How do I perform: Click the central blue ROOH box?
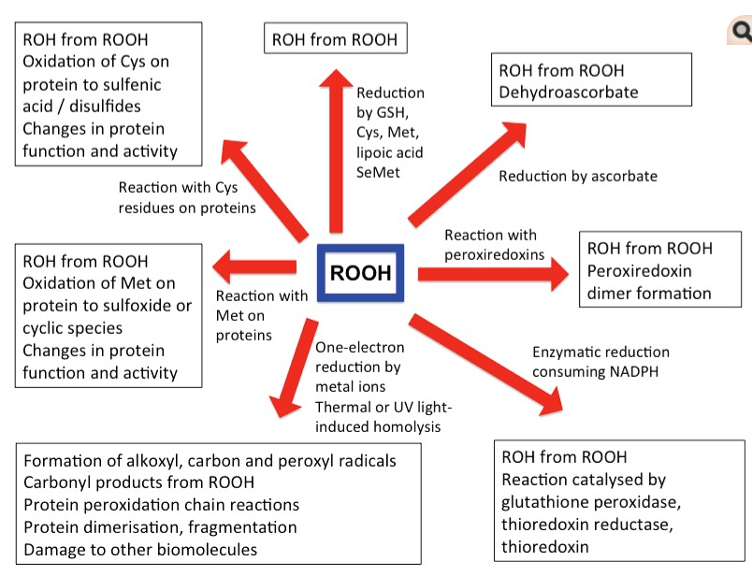coord(360,273)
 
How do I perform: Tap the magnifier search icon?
coord(742,33)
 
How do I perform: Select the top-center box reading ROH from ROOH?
coord(334,39)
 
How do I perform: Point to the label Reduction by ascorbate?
coord(577,176)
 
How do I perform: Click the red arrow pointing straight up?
coord(334,150)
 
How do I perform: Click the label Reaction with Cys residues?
coord(187,197)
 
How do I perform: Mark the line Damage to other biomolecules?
coord(140,549)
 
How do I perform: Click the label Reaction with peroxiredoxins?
coord(492,244)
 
